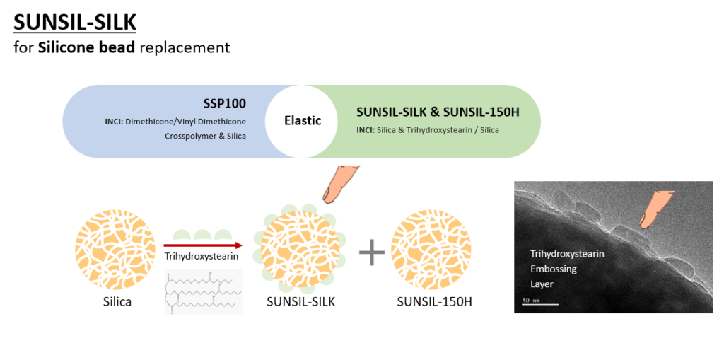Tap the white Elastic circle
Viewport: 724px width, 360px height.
tap(303, 121)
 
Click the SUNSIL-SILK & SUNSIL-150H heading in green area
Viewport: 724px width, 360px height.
tap(438, 112)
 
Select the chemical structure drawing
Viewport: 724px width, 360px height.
tap(203, 290)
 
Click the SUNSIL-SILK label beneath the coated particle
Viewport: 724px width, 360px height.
tap(300, 302)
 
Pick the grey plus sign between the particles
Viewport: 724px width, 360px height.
tap(372, 252)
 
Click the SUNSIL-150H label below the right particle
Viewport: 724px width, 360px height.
tap(434, 302)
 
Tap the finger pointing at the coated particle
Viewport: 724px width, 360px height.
tap(340, 182)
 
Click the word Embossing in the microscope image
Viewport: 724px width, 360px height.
tap(554, 269)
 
